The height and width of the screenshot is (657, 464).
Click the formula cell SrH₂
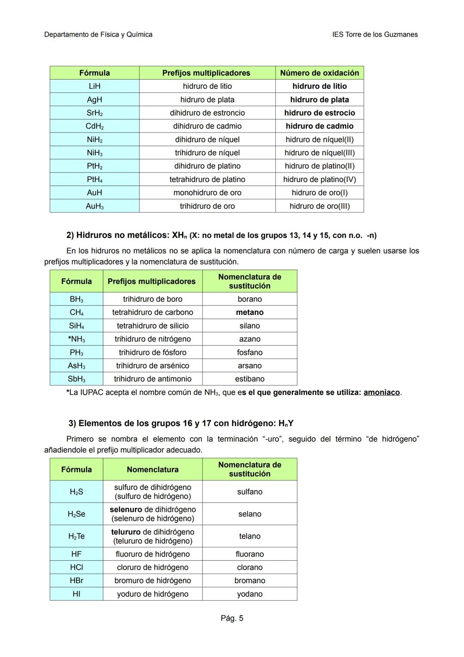[95, 113]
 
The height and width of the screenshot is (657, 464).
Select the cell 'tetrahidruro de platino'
[207, 179]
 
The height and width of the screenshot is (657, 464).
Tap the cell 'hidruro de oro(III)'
[320, 206]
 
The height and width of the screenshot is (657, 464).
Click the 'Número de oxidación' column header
[320, 73]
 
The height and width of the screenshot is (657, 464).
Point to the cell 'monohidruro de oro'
[207, 193]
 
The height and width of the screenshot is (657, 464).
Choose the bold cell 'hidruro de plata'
[320, 99]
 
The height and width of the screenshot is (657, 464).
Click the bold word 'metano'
[250, 312]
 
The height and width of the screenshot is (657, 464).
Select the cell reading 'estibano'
[250, 379]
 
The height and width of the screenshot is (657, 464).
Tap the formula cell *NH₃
[76, 339]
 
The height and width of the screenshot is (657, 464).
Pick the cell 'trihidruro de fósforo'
[153, 352]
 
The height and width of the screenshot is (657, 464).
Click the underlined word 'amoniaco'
[382, 392]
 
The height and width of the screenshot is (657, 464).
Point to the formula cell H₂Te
[76, 536]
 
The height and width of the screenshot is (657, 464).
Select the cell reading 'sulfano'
[250, 492]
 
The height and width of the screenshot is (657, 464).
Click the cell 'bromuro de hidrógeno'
[153, 580]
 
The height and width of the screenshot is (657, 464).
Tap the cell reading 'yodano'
[250, 594]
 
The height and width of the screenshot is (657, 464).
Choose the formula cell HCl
[76, 567]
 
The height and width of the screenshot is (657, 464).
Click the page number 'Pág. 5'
[232, 618]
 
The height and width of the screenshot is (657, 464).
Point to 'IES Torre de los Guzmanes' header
[375, 34]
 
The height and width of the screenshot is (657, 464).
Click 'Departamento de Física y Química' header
[98, 34]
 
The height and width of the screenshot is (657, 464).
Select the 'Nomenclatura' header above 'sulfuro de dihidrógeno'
[153, 469]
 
